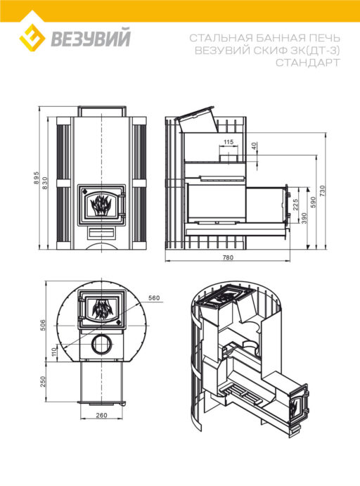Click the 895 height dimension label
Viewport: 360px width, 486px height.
(37, 178)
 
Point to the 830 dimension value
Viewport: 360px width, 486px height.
(45, 183)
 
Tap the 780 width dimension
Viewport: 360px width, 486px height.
(228, 257)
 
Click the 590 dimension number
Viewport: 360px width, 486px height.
(313, 203)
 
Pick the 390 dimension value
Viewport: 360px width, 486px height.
(304, 219)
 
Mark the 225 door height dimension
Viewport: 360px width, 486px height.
(295, 205)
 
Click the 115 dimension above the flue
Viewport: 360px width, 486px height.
(229, 142)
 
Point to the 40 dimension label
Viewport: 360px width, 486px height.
(254, 146)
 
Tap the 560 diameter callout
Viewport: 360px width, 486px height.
(154, 298)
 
